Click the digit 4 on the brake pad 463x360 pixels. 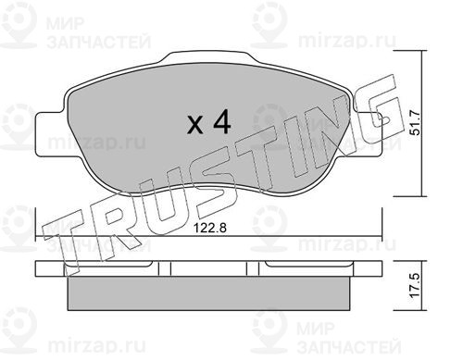click(222, 121)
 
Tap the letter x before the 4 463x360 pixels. click(195, 125)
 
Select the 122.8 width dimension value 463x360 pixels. click(210, 229)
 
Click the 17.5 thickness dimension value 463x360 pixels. click(416, 285)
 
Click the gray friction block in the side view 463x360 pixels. click(209, 293)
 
